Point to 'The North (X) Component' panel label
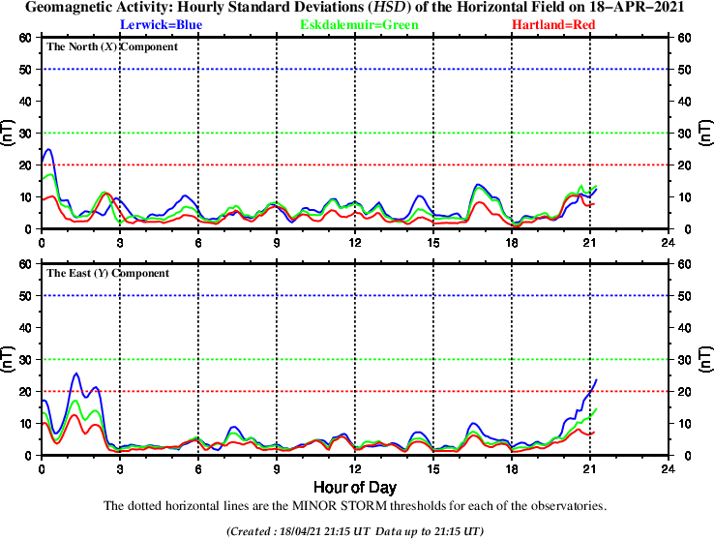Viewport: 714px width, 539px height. (x=111, y=46)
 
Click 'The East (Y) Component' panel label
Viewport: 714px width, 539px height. (x=108, y=273)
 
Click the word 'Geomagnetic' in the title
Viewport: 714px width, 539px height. (x=71, y=7)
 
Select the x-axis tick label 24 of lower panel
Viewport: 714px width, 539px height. (x=668, y=468)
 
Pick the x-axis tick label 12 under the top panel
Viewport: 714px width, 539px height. (x=355, y=242)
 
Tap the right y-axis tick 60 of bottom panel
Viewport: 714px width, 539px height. (x=683, y=263)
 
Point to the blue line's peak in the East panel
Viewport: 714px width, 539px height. (x=76, y=374)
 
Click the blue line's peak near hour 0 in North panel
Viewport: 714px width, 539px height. (x=49, y=149)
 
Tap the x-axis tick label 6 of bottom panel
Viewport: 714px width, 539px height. (x=198, y=468)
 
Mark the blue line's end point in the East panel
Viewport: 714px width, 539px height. (x=597, y=379)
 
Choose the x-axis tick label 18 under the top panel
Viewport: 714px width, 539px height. (x=511, y=242)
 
